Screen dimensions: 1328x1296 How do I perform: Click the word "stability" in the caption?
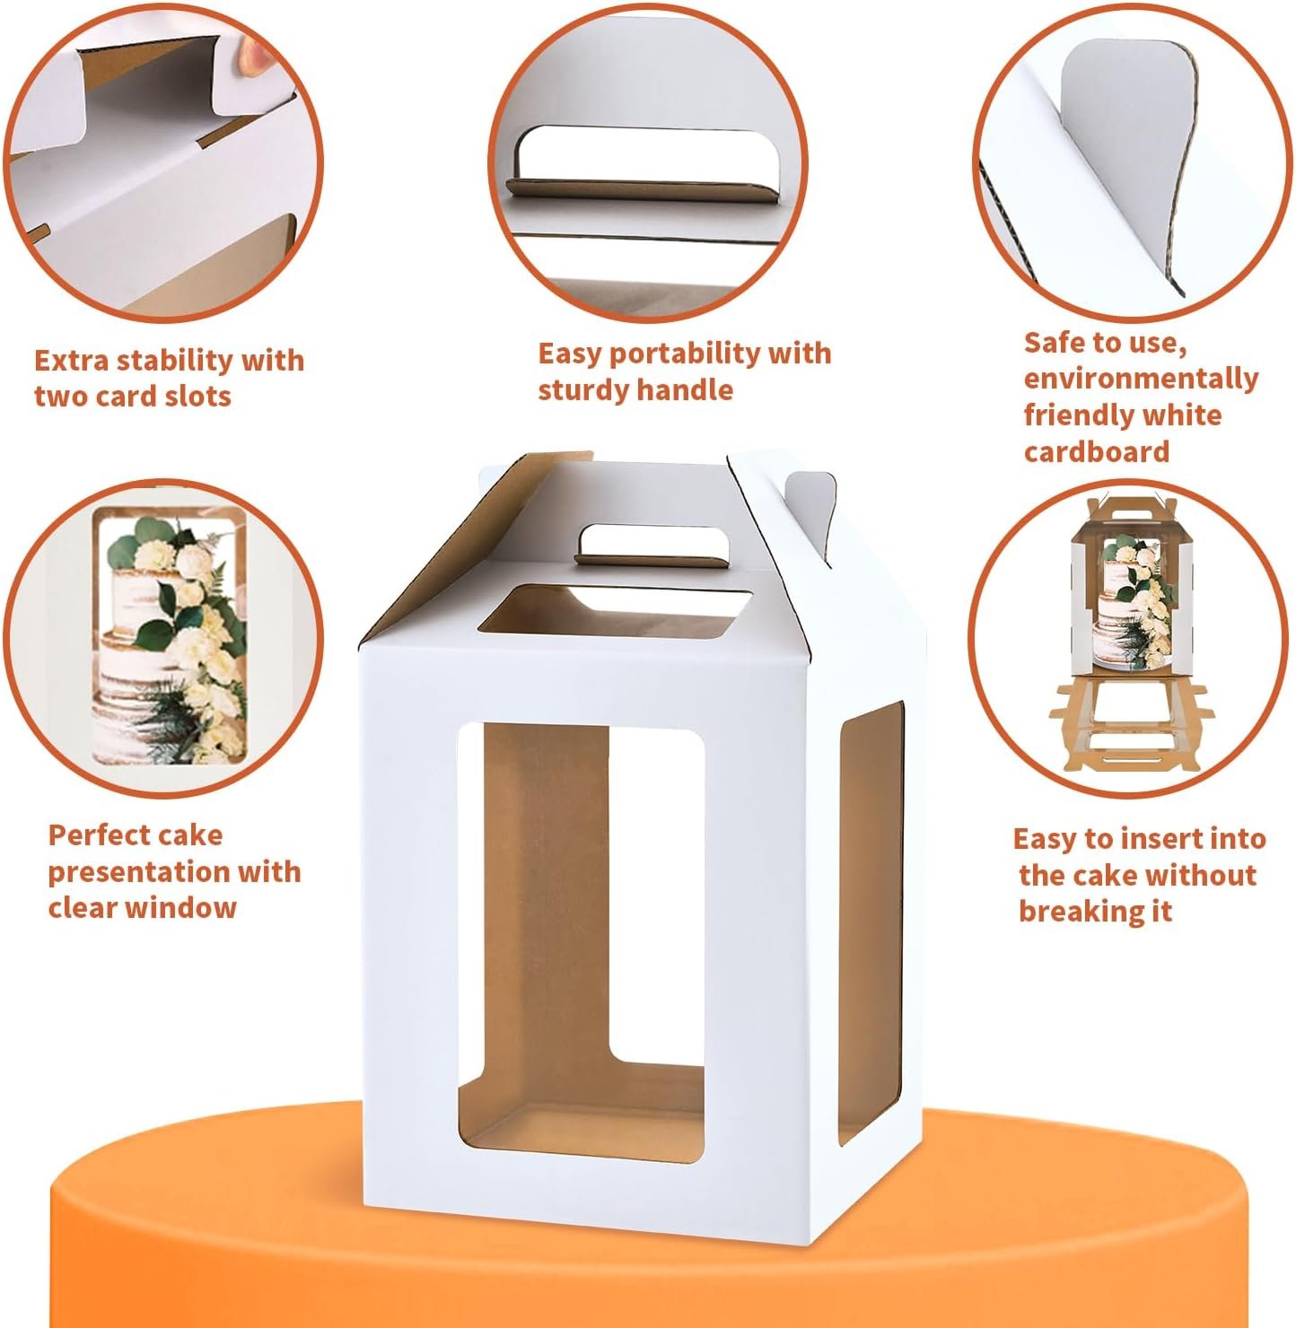[176, 361]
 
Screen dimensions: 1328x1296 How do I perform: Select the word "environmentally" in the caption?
[1141, 379]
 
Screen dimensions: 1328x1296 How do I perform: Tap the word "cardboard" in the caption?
[1097, 450]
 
